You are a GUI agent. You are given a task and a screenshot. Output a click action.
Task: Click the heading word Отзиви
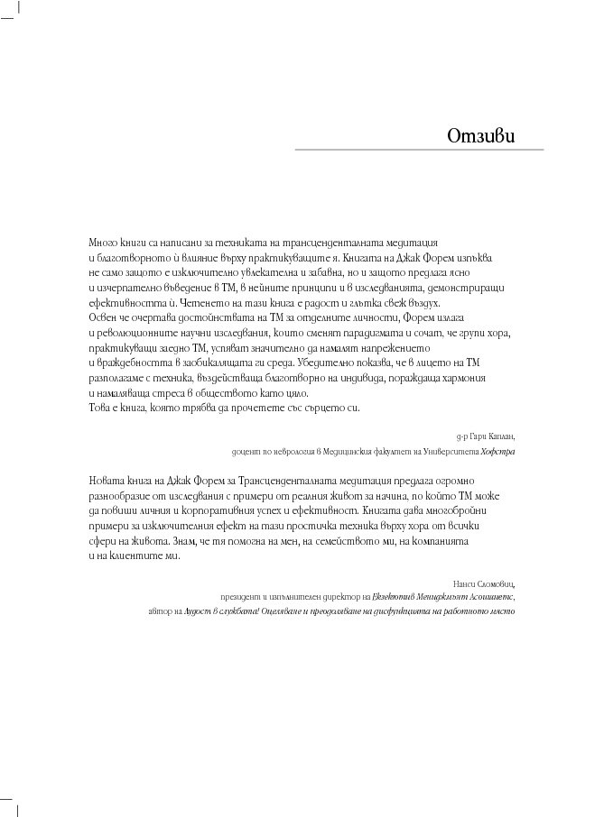coord(481,136)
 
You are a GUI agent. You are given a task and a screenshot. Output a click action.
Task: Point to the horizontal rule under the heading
coord(419,150)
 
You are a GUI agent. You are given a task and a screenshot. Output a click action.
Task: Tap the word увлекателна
coord(295,271)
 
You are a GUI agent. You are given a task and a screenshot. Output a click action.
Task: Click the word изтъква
coord(474,257)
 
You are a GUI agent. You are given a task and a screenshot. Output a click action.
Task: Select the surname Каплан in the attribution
coord(501,434)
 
